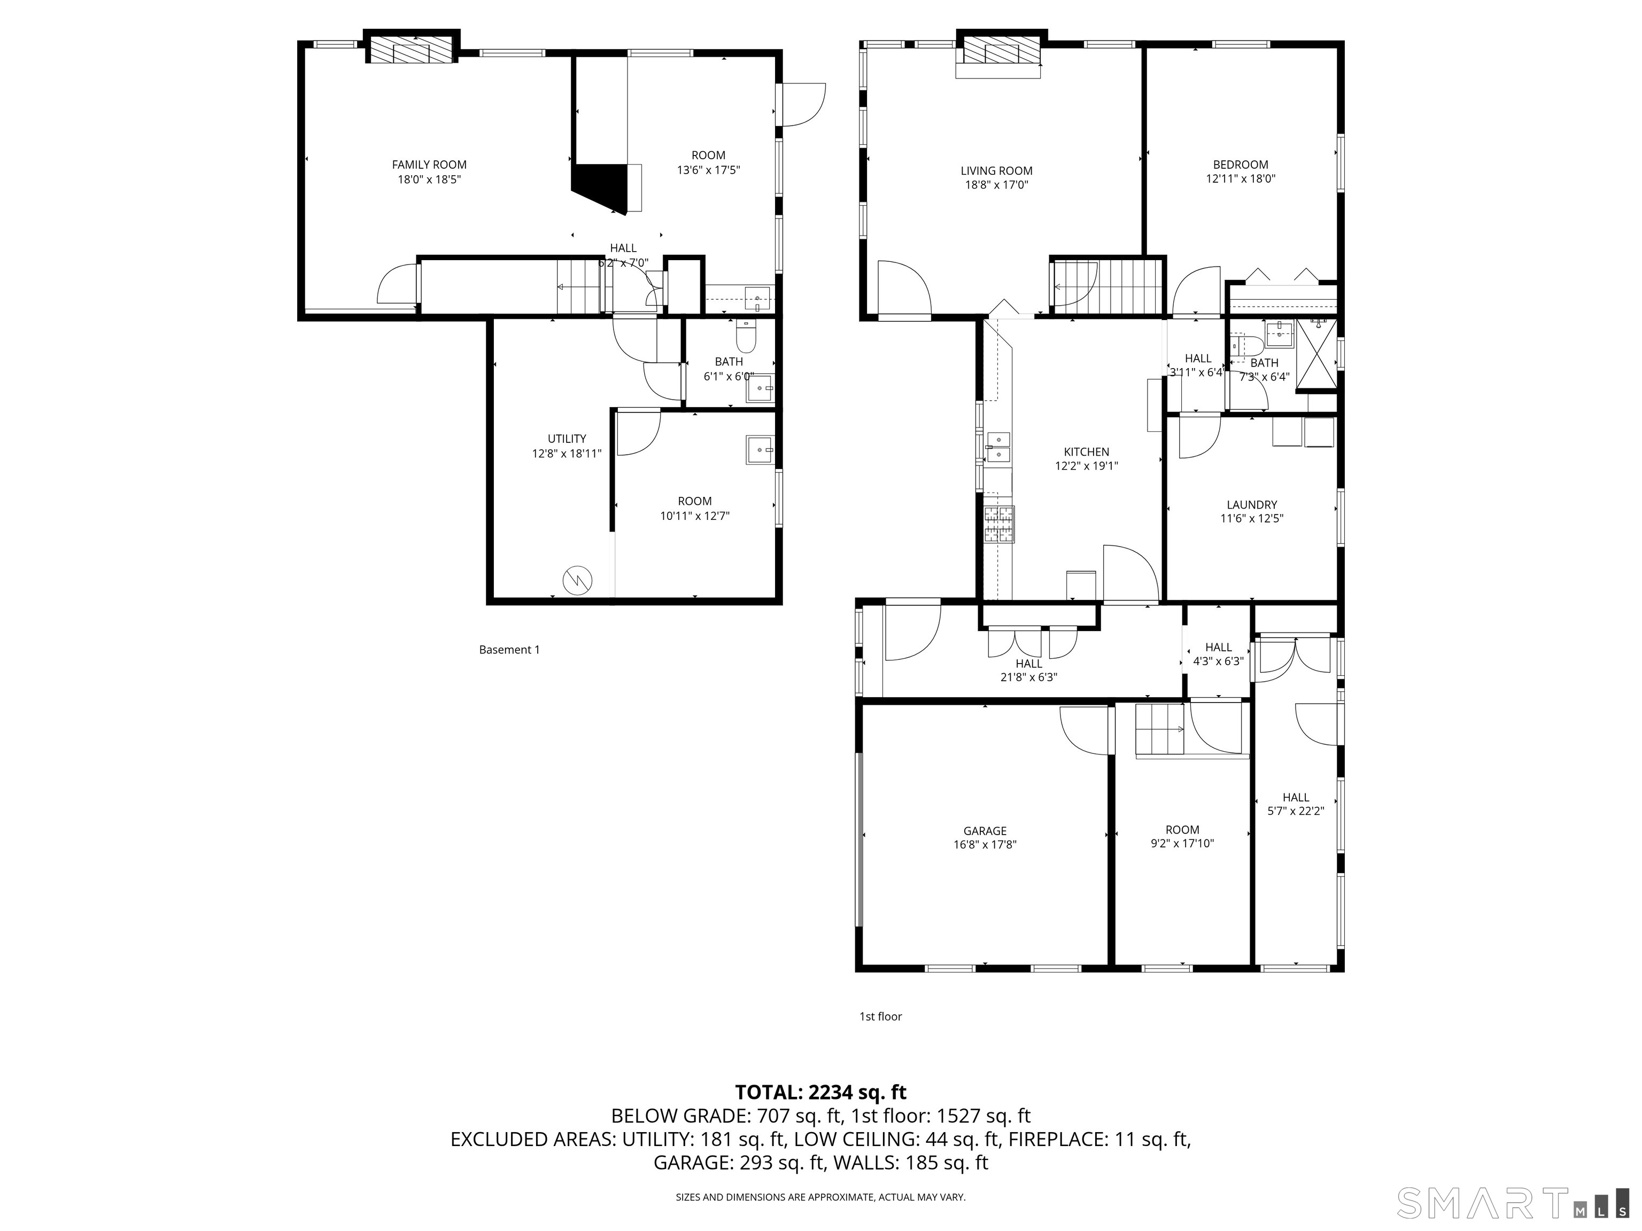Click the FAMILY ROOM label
click(429, 165)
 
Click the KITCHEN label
click(1086, 452)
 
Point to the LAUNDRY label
click(1251, 504)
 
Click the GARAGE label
click(985, 831)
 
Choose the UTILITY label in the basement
click(567, 439)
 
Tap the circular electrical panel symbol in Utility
click(577, 580)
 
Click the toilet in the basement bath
click(745, 339)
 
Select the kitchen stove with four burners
click(998, 525)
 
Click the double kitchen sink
click(998, 447)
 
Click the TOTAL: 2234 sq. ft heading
click(820, 1092)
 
